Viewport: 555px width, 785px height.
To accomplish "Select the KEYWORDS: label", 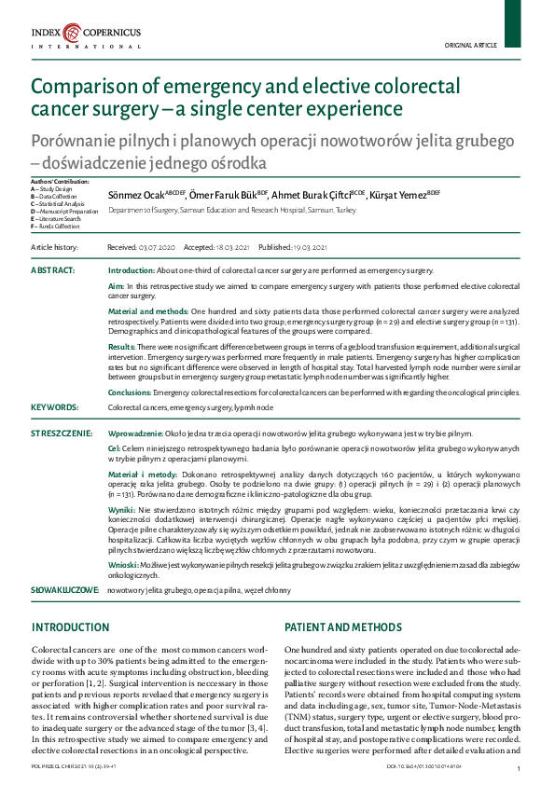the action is [54, 407].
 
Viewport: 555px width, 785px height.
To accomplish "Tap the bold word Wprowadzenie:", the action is [135, 434].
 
